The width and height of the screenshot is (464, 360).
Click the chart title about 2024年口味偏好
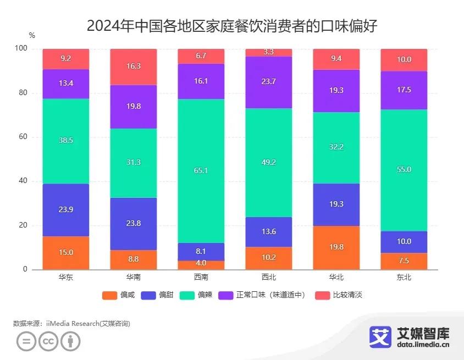pyautogui.click(x=231, y=26)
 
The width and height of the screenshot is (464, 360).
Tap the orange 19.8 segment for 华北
pyautogui.click(x=336, y=247)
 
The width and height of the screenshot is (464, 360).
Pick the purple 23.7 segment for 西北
pyautogui.click(x=269, y=82)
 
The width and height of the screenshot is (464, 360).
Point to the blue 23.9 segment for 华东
pyautogui.click(x=66, y=210)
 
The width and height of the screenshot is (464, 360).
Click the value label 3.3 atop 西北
pyautogui.click(x=269, y=52)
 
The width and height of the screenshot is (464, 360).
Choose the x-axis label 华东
pyautogui.click(x=66, y=278)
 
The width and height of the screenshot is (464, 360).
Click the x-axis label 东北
pyautogui.click(x=404, y=278)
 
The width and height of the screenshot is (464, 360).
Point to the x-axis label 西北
pyautogui.click(x=269, y=278)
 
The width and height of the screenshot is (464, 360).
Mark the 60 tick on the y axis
pyautogui.click(x=23, y=137)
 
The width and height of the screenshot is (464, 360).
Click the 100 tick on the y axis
pyautogui.click(x=21, y=48)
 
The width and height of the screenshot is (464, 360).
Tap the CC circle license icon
pyautogui.click(x=48, y=341)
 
